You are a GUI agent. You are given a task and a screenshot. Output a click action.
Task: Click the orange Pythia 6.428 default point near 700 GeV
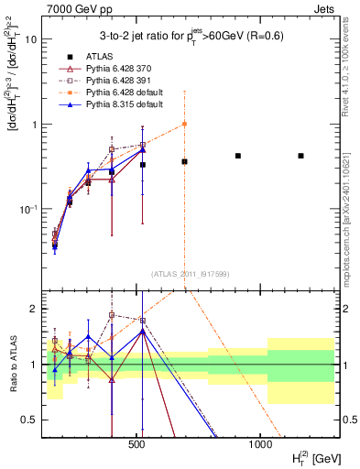[184, 124]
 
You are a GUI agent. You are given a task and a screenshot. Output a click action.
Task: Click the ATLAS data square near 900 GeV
[238, 156]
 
